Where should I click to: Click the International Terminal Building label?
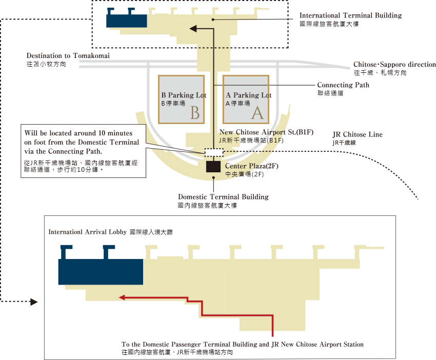point(350,15)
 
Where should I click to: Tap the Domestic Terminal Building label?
point(223,197)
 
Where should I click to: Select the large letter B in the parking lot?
point(195,113)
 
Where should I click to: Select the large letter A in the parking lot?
point(257,113)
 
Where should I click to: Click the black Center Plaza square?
point(213,167)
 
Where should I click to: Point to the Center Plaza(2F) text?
point(252,166)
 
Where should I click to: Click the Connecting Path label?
point(343,85)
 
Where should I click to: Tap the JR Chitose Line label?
point(358,134)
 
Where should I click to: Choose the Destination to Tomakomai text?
point(68,56)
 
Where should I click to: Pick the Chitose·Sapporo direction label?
point(394,65)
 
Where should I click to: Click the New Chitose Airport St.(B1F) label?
point(266,132)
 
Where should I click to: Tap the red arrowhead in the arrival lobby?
point(122,297)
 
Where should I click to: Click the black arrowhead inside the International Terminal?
point(193,28)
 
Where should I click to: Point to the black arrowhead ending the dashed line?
point(34,302)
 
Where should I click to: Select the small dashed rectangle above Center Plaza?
point(214,153)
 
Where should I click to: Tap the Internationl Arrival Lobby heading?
point(88,232)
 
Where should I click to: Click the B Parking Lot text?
point(184,95)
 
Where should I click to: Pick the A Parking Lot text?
point(249,95)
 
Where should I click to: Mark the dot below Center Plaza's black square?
point(213,177)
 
